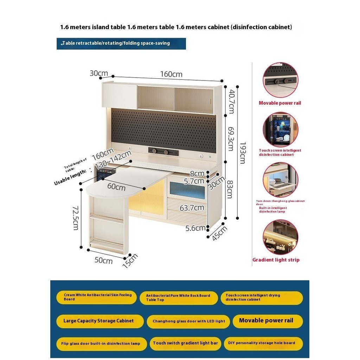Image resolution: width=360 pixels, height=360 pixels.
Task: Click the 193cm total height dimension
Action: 242,153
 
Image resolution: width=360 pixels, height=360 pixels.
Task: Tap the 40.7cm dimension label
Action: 231,102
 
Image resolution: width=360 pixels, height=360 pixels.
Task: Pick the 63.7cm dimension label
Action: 192,208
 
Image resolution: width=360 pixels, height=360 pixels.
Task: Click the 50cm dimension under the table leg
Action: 103,260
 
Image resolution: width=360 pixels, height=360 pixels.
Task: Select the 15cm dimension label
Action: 130,261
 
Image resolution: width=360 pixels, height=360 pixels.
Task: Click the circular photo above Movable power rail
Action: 280,80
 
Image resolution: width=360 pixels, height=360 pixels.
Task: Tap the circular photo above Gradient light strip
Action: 280,237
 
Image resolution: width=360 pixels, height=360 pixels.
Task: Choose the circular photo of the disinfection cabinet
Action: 280,129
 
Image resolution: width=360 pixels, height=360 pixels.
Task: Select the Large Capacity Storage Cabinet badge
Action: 100,321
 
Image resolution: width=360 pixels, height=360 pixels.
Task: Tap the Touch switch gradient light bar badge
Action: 185,343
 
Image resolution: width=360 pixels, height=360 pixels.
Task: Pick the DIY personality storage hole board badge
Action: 262,343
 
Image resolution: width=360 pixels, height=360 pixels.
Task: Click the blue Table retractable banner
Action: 121,44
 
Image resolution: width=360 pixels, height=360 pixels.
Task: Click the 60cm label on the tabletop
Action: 116,187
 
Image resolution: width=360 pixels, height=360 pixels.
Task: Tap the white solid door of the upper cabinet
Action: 120,96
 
